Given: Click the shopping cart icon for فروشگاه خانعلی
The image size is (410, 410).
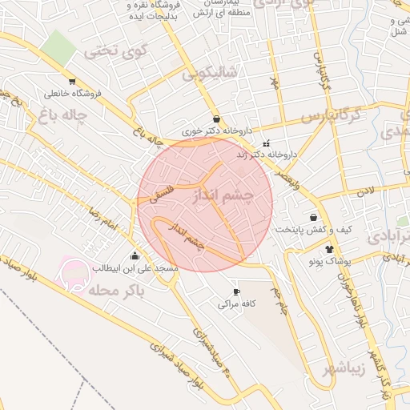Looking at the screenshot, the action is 73,82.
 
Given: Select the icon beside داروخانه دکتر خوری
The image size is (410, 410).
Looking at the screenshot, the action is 216,119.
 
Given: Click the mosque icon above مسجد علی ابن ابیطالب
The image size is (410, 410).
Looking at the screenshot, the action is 134,257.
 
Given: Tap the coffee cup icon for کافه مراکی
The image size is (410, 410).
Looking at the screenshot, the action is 235,292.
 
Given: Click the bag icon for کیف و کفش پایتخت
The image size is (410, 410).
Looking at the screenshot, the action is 312,217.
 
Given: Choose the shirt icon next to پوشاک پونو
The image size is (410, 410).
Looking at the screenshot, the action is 328,249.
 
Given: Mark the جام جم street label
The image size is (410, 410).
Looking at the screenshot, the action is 277,299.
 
